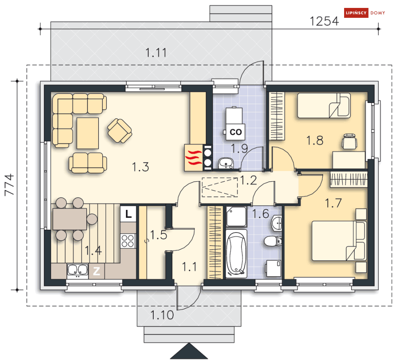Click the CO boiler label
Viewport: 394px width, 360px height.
[236, 132]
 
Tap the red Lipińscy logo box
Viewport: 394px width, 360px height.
[356, 13]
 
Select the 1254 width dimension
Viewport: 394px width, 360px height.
[324, 21]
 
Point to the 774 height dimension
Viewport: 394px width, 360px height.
[10, 185]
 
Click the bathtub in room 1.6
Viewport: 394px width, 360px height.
[236, 254]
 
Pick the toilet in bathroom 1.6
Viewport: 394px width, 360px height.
[273, 241]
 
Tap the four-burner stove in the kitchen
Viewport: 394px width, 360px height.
[128, 241]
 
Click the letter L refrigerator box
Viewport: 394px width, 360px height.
[128, 214]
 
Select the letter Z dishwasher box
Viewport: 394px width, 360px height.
[97, 271]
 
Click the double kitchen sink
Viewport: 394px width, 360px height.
[78, 270]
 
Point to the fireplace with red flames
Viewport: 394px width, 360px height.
[194, 158]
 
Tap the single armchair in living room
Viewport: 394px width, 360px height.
[120, 130]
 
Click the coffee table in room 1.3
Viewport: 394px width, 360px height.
[88, 133]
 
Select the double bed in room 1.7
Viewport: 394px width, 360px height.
[339, 241]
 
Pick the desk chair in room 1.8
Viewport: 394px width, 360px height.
[349, 141]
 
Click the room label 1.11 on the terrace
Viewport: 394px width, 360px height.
[156, 53]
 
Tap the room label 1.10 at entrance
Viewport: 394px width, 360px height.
[162, 315]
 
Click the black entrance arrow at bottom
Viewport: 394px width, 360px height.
[189, 351]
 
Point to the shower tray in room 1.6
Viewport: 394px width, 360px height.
[236, 217]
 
